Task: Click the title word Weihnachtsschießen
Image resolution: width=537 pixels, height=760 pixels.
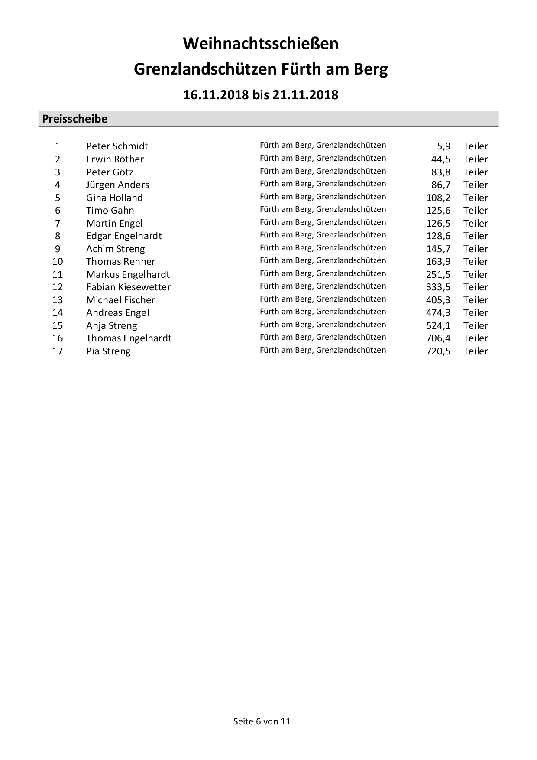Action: coord(261,44)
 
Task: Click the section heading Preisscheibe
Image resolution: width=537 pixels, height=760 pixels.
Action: coord(74,119)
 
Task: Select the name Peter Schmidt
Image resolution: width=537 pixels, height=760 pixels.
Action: coord(117,146)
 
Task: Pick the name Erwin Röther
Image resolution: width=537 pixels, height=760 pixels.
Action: coord(115,159)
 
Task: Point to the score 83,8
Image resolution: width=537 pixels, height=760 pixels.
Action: coord(441,172)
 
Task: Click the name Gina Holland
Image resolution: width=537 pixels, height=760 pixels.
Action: coord(114,198)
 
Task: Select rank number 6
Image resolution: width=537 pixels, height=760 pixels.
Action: coord(58,210)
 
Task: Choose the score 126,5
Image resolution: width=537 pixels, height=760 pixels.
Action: coord(438,223)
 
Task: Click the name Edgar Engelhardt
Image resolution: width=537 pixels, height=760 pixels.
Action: coord(124,236)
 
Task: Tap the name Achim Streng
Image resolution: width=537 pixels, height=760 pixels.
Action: coord(115,249)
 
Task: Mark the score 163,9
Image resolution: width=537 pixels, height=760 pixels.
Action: coord(438,261)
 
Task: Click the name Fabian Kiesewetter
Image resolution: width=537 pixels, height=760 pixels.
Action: coord(128,287)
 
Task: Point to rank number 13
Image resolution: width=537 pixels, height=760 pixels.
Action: coord(58,300)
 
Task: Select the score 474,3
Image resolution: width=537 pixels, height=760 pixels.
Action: coord(438,312)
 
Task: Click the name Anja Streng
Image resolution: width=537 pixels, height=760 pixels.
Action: coord(111,325)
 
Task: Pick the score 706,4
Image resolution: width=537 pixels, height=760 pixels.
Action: coord(438,338)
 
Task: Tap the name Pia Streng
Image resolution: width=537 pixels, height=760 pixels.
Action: coord(108,351)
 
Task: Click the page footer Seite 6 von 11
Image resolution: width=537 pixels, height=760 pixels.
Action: coord(262,721)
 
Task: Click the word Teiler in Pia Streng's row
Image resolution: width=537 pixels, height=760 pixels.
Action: coord(476,351)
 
